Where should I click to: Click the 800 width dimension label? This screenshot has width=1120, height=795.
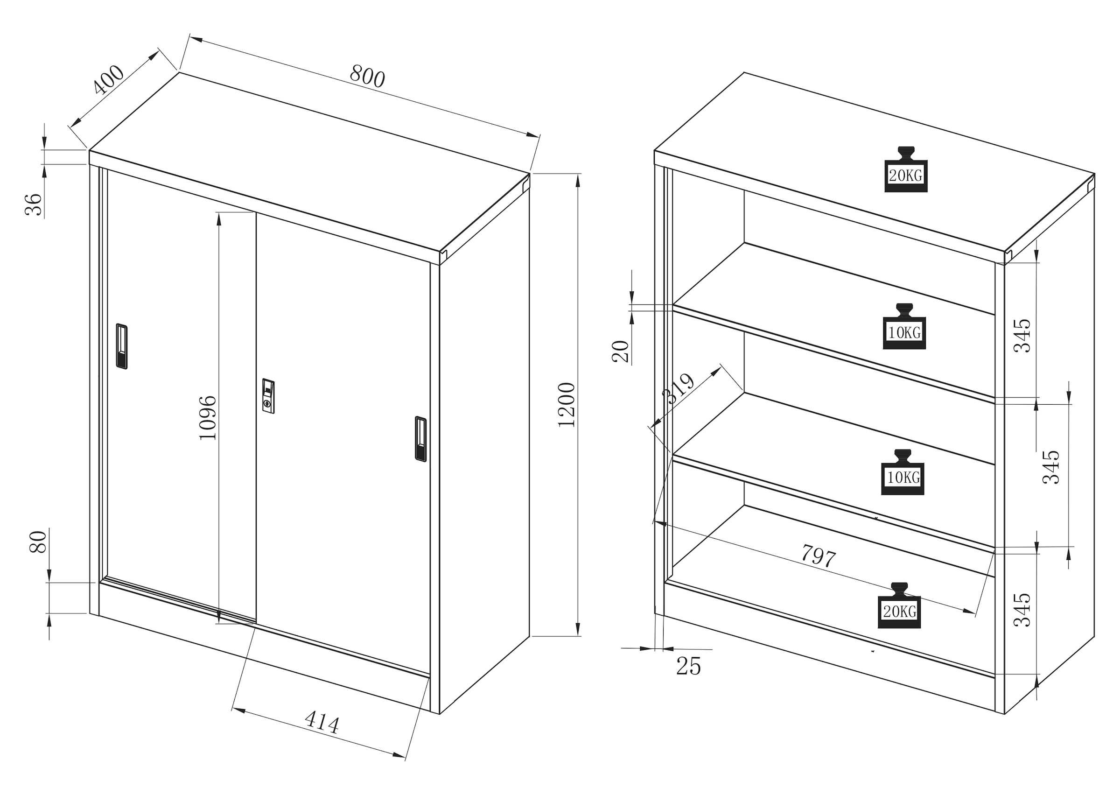[367, 76]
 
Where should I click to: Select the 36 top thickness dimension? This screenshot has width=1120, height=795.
[33, 204]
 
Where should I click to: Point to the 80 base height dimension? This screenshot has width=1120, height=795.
[38, 542]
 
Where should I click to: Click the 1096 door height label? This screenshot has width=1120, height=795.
[208, 417]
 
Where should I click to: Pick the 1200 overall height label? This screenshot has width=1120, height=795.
[567, 404]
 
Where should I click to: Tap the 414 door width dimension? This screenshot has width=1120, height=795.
[322, 722]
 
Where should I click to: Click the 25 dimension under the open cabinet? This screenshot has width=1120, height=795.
[688, 666]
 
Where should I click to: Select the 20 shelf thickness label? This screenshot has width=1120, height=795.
[620, 351]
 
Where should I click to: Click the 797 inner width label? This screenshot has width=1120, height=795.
[818, 556]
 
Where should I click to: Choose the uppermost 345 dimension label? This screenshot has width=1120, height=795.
[1022, 335]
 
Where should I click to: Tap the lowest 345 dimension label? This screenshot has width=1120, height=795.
[1022, 610]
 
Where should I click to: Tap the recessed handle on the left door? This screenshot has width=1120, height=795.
[121, 345]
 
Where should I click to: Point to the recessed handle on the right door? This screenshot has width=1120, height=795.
[420, 439]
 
